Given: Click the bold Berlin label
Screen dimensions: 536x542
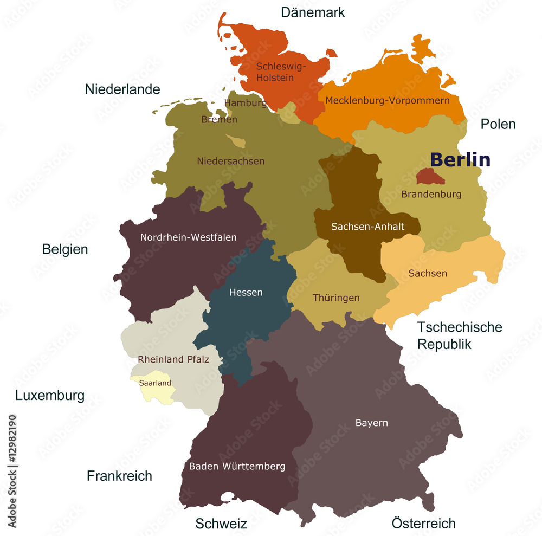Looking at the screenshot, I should pyautogui.click(x=460, y=160).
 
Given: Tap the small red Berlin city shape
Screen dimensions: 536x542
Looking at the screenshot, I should pyautogui.click(x=430, y=176).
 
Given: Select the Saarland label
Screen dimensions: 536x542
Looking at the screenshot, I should pyautogui.click(x=155, y=383).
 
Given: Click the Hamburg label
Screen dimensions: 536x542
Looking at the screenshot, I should pyautogui.click(x=246, y=102).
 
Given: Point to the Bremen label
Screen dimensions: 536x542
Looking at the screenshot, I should pyautogui.click(x=219, y=119).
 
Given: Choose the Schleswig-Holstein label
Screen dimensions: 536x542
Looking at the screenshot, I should pyautogui.click(x=281, y=72).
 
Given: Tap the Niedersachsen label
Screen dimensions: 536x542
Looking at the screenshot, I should pyautogui.click(x=230, y=161).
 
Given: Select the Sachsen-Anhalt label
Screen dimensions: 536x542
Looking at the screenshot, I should pyautogui.click(x=367, y=227).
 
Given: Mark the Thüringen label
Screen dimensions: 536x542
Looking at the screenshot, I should pyautogui.click(x=336, y=298).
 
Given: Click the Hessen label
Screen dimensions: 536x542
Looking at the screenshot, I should pyautogui.click(x=246, y=293).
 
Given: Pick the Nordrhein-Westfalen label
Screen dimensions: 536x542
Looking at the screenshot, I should pyautogui.click(x=188, y=237).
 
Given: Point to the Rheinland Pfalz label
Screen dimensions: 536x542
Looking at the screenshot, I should pyautogui.click(x=173, y=359).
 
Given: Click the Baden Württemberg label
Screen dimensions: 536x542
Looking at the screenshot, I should pyautogui.click(x=237, y=466).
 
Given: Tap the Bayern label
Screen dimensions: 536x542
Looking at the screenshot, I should pyautogui.click(x=371, y=423).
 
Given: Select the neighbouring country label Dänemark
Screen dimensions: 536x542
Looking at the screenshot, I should pyautogui.click(x=313, y=12).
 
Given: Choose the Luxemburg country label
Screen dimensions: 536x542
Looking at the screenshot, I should pyautogui.click(x=50, y=396).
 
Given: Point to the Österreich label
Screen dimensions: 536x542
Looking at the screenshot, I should pyautogui.click(x=423, y=523).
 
